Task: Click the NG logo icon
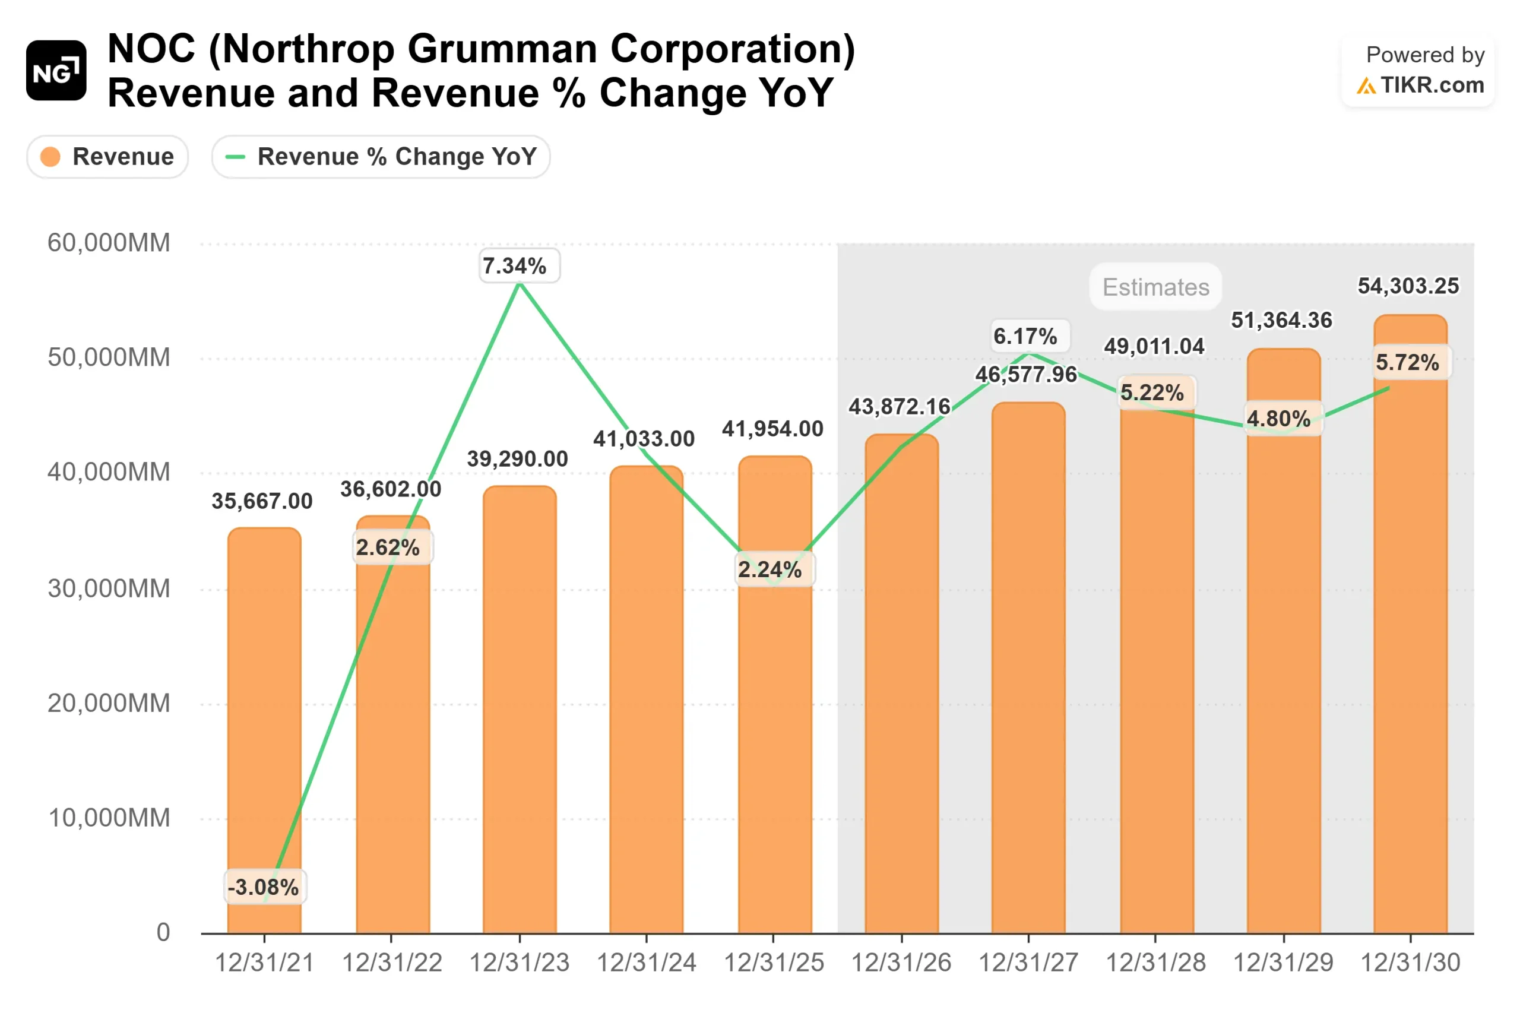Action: click(56, 71)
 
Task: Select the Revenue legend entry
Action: click(107, 156)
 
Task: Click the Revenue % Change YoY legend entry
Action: click(381, 156)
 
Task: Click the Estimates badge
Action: click(1155, 287)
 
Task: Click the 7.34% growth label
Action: click(515, 265)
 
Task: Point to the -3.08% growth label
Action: click(264, 887)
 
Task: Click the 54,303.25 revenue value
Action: click(1408, 286)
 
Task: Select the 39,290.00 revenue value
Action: click(517, 458)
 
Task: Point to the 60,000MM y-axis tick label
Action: click(109, 243)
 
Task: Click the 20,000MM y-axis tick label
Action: click(109, 703)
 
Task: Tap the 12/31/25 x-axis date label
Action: click(773, 963)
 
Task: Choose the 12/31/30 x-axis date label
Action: click(1410, 963)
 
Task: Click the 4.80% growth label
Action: click(1278, 418)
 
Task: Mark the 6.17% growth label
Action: click(1025, 336)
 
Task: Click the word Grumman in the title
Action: click(502, 49)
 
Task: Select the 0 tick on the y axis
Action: click(163, 932)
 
